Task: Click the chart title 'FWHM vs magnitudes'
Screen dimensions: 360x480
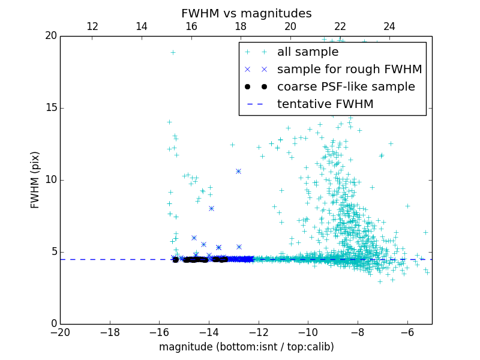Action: click(246, 13)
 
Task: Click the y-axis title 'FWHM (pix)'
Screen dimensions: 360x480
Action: click(35, 180)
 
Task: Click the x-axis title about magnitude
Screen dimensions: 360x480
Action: click(246, 347)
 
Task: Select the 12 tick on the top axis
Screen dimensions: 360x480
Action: click(92, 26)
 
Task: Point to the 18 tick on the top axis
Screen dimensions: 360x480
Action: click(241, 26)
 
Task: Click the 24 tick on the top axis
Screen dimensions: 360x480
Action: click(389, 26)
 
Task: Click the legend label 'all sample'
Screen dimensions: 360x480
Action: click(308, 52)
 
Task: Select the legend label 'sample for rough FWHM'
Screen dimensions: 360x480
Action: click(349, 69)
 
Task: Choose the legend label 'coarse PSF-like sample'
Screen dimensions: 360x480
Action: click(346, 86)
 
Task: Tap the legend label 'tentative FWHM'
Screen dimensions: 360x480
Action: click(325, 104)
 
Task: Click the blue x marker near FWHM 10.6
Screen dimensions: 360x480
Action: click(238, 171)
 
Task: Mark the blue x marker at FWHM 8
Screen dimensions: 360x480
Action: click(211, 208)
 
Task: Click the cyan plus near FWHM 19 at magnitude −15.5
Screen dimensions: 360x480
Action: click(173, 52)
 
